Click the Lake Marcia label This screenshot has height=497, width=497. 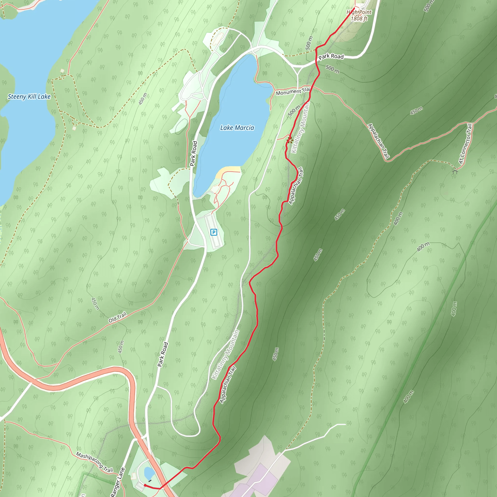click(x=237, y=128)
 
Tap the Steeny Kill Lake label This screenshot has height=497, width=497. click(x=29, y=97)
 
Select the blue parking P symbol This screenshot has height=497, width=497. click(x=214, y=232)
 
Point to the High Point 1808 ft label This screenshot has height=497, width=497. click(x=359, y=16)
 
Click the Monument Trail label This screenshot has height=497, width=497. click(x=293, y=91)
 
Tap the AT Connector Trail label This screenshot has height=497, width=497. click(x=466, y=144)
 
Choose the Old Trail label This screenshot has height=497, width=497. click(x=117, y=317)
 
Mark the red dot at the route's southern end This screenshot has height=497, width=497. click(x=145, y=485)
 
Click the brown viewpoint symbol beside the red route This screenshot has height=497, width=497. click(x=290, y=140)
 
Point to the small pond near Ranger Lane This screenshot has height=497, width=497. click(x=149, y=472)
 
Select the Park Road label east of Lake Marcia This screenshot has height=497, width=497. click(x=331, y=56)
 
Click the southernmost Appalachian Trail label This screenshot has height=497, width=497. click(x=228, y=385)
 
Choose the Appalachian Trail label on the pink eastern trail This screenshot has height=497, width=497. click(x=378, y=141)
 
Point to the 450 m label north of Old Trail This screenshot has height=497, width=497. click(x=95, y=304)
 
